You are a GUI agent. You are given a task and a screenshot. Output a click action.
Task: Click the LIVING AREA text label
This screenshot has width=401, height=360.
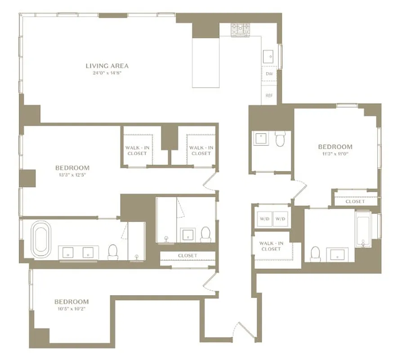(x=107, y=66)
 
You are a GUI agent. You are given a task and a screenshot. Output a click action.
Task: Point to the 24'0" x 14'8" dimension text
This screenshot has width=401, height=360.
(x=107, y=72)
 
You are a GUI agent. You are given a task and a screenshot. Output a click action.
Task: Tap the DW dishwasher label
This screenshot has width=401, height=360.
(x=269, y=74)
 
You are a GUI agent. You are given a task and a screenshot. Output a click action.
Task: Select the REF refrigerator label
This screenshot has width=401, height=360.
(x=269, y=95)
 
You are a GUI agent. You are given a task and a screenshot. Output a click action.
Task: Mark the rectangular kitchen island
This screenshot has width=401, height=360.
(x=205, y=63)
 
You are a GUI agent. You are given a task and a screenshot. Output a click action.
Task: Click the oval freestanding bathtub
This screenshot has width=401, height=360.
(x=41, y=237)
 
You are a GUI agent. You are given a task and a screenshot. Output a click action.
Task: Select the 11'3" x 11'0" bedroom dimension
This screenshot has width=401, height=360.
(x=335, y=153)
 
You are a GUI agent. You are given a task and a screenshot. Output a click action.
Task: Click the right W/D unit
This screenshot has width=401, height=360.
(x=281, y=219)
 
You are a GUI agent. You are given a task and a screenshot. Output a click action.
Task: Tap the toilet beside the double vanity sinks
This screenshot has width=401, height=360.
(x=113, y=252)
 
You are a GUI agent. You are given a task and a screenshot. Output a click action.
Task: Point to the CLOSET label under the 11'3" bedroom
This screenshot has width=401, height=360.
(x=355, y=202)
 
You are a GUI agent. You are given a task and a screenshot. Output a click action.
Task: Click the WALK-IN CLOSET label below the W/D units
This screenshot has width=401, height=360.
(x=271, y=246)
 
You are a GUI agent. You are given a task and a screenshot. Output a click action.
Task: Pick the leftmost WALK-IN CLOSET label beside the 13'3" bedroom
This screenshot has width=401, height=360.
(x=137, y=150)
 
